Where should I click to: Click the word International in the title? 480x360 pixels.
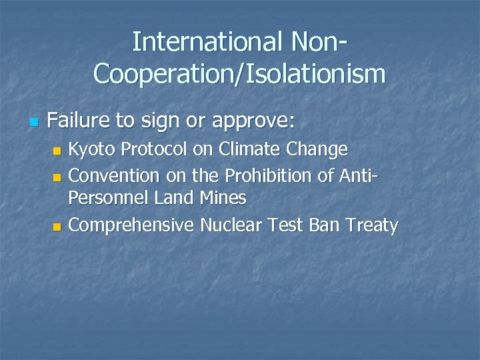(x=207, y=41)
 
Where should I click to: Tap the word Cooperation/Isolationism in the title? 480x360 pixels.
(x=239, y=73)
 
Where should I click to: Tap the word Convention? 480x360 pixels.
(x=114, y=176)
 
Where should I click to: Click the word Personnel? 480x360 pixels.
(x=108, y=198)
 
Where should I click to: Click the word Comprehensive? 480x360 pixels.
(x=131, y=226)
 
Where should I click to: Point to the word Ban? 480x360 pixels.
(x=324, y=225)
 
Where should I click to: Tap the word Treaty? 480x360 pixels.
(x=371, y=226)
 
